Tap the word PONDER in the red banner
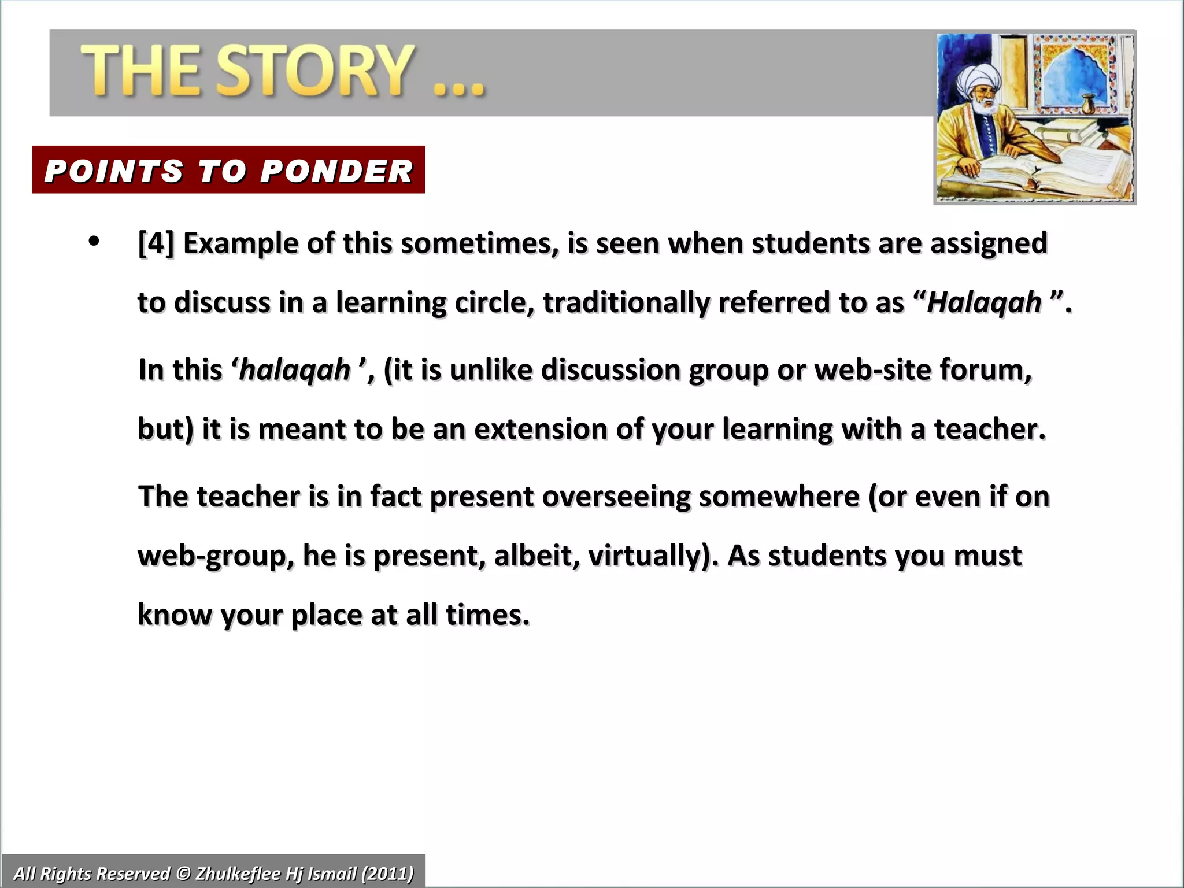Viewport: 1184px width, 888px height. [336, 171]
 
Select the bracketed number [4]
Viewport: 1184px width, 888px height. [156, 243]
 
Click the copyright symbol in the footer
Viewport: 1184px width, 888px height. [183, 873]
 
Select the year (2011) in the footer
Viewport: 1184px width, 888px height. [387, 873]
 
